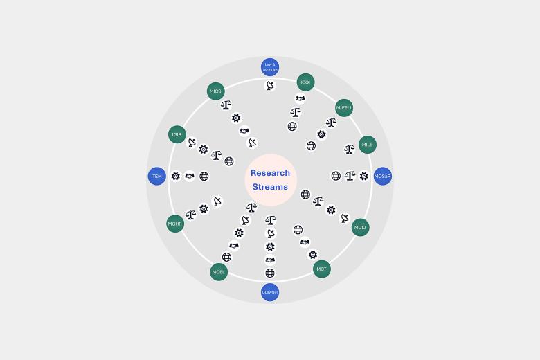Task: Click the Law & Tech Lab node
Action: pos(270,67)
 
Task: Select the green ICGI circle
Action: pos(305,82)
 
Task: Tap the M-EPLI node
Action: pos(343,108)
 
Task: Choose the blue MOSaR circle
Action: pos(382,176)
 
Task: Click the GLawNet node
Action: pos(270,292)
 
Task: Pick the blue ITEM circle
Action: pos(156,176)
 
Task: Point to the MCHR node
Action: pos(175,224)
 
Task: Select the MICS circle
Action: pos(215,91)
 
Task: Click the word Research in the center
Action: pos(270,173)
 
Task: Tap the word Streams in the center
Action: pos(270,187)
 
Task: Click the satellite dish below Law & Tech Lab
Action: pos(270,85)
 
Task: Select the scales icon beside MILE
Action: pos(349,149)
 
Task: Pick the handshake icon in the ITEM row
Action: pos(190,176)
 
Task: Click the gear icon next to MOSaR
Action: pos(364,176)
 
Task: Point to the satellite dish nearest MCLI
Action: pos(344,217)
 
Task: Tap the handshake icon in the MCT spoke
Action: pos(305,242)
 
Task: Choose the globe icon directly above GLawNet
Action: pos(270,273)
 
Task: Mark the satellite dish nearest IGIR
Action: pos(192,143)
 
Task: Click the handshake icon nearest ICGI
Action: pos(300,98)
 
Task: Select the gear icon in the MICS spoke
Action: pos(236,118)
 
